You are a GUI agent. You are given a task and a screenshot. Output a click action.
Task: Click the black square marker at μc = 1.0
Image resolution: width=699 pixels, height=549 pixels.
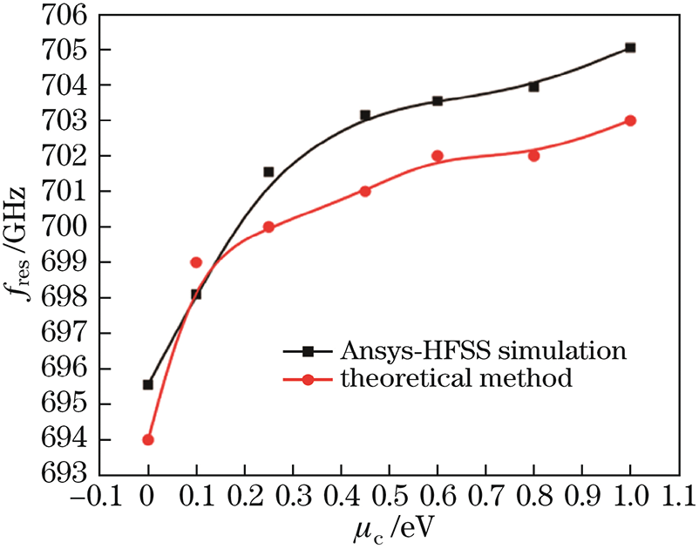point(630,48)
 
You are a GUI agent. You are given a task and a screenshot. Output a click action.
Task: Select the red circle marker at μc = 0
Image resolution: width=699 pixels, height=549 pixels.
point(148,439)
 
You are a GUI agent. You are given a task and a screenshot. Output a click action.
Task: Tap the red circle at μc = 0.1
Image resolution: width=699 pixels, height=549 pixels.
point(196,262)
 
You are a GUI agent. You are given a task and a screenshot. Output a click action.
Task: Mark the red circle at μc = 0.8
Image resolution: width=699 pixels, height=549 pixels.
point(533,156)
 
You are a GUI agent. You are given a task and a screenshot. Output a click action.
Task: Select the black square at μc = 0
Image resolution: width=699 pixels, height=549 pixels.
point(148,384)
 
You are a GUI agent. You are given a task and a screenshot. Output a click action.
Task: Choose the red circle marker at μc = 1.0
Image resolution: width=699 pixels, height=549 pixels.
point(630,120)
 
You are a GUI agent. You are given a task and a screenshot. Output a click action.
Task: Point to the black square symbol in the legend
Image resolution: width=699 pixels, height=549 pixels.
point(308,351)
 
